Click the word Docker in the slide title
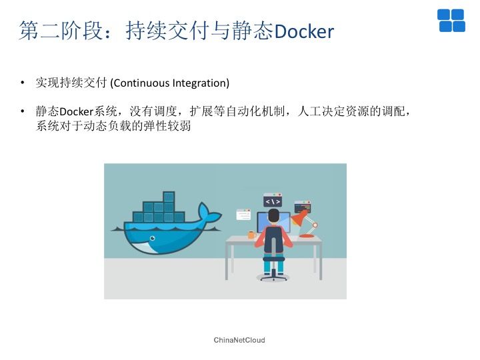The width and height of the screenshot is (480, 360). click(304, 31)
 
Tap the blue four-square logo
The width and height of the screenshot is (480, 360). click(451, 21)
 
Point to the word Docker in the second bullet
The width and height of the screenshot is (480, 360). click(76, 111)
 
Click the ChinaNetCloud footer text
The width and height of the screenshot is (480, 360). click(239, 340)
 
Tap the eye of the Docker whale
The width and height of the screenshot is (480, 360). click(152, 238)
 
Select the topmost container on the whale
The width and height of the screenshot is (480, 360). click(169, 197)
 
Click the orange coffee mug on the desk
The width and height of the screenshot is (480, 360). click(251, 235)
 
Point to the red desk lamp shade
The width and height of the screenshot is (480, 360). click(298, 219)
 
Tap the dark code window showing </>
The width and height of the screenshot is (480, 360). click(273, 200)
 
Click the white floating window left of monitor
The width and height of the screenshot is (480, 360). click(243, 214)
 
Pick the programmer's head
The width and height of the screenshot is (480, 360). click(274, 216)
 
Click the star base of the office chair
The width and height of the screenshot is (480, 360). click(273, 277)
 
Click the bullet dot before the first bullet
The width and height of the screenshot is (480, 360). click(23, 83)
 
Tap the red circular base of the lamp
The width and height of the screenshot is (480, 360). click(307, 236)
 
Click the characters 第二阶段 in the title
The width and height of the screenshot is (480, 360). click(61, 31)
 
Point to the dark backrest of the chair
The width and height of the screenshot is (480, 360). click(273, 240)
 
